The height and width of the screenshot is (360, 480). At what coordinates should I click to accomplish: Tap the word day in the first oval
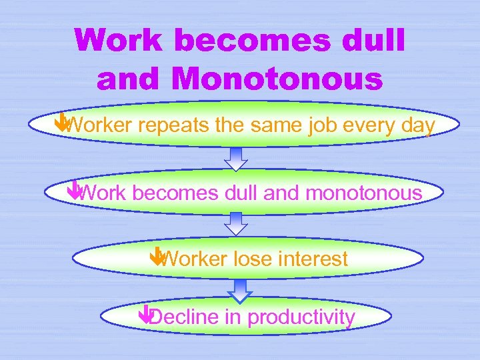point(418,125)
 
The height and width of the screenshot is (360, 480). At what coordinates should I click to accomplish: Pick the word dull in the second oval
point(242,193)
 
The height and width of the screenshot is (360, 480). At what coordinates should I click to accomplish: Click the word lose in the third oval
point(253,258)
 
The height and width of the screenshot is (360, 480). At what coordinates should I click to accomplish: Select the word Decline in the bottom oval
point(183,317)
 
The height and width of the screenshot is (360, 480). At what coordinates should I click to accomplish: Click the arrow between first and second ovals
point(235,159)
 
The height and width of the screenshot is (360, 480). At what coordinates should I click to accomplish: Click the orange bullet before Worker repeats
point(61,121)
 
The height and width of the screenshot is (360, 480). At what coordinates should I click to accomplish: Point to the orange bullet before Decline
point(146,313)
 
